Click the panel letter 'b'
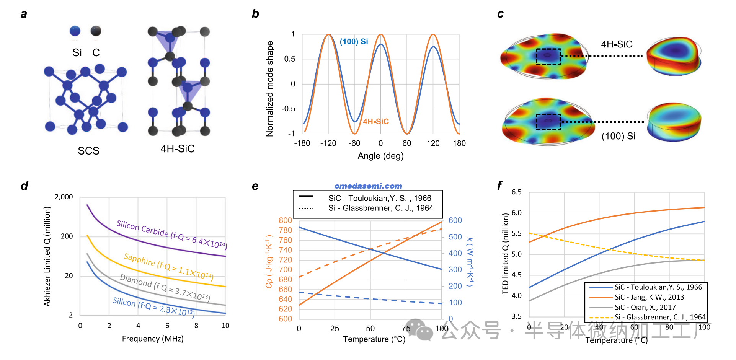pyautogui.click(x=255, y=14)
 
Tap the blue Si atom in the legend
pyautogui.click(x=75, y=31)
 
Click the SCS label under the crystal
pyautogui.click(x=88, y=151)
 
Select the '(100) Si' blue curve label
pyautogui.click(x=354, y=42)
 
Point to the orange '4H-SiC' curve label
pyautogui.click(x=375, y=122)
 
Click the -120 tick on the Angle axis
pyautogui.click(x=328, y=143)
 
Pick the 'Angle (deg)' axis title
pyautogui.click(x=380, y=156)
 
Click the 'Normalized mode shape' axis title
pyautogui.click(x=270, y=89)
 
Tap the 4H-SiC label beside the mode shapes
pyautogui.click(x=616, y=44)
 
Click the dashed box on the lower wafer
pyautogui.click(x=548, y=122)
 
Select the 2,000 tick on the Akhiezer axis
pyautogui.click(x=64, y=197)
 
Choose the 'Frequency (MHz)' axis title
pyautogui.click(x=153, y=339)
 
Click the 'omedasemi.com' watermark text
pyautogui.click(x=368, y=186)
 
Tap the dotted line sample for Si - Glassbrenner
pyautogui.click(x=306, y=209)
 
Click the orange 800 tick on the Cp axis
pyautogui.click(x=285, y=221)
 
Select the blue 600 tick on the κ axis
pyautogui.click(x=455, y=221)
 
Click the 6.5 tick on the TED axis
pyautogui.click(x=516, y=192)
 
